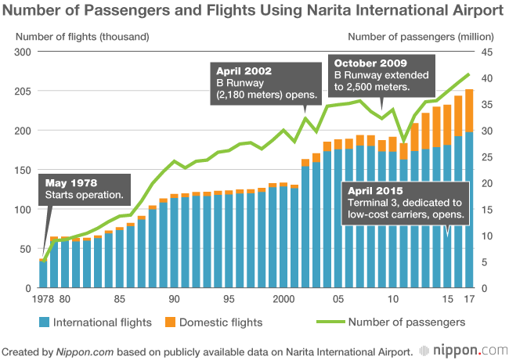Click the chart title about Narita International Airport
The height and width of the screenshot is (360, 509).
pyautogui.click(x=254, y=11)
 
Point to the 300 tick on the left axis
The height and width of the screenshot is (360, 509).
pyautogui.click(x=20, y=52)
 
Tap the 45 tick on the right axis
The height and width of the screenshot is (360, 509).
pyautogui.click(x=486, y=52)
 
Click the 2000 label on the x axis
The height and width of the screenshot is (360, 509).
pyautogui.click(x=283, y=299)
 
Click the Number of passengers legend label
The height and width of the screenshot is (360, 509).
pyautogui.click(x=406, y=322)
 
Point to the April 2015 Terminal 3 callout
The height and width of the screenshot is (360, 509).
pyautogui.click(x=404, y=203)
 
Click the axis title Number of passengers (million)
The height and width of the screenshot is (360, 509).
pyautogui.click(x=420, y=36)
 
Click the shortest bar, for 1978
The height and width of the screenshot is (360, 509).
pyautogui.click(x=43, y=274)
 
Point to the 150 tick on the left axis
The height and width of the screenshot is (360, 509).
pyautogui.click(x=20, y=170)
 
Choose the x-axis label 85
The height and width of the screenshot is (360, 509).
pyautogui.click(x=120, y=299)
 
